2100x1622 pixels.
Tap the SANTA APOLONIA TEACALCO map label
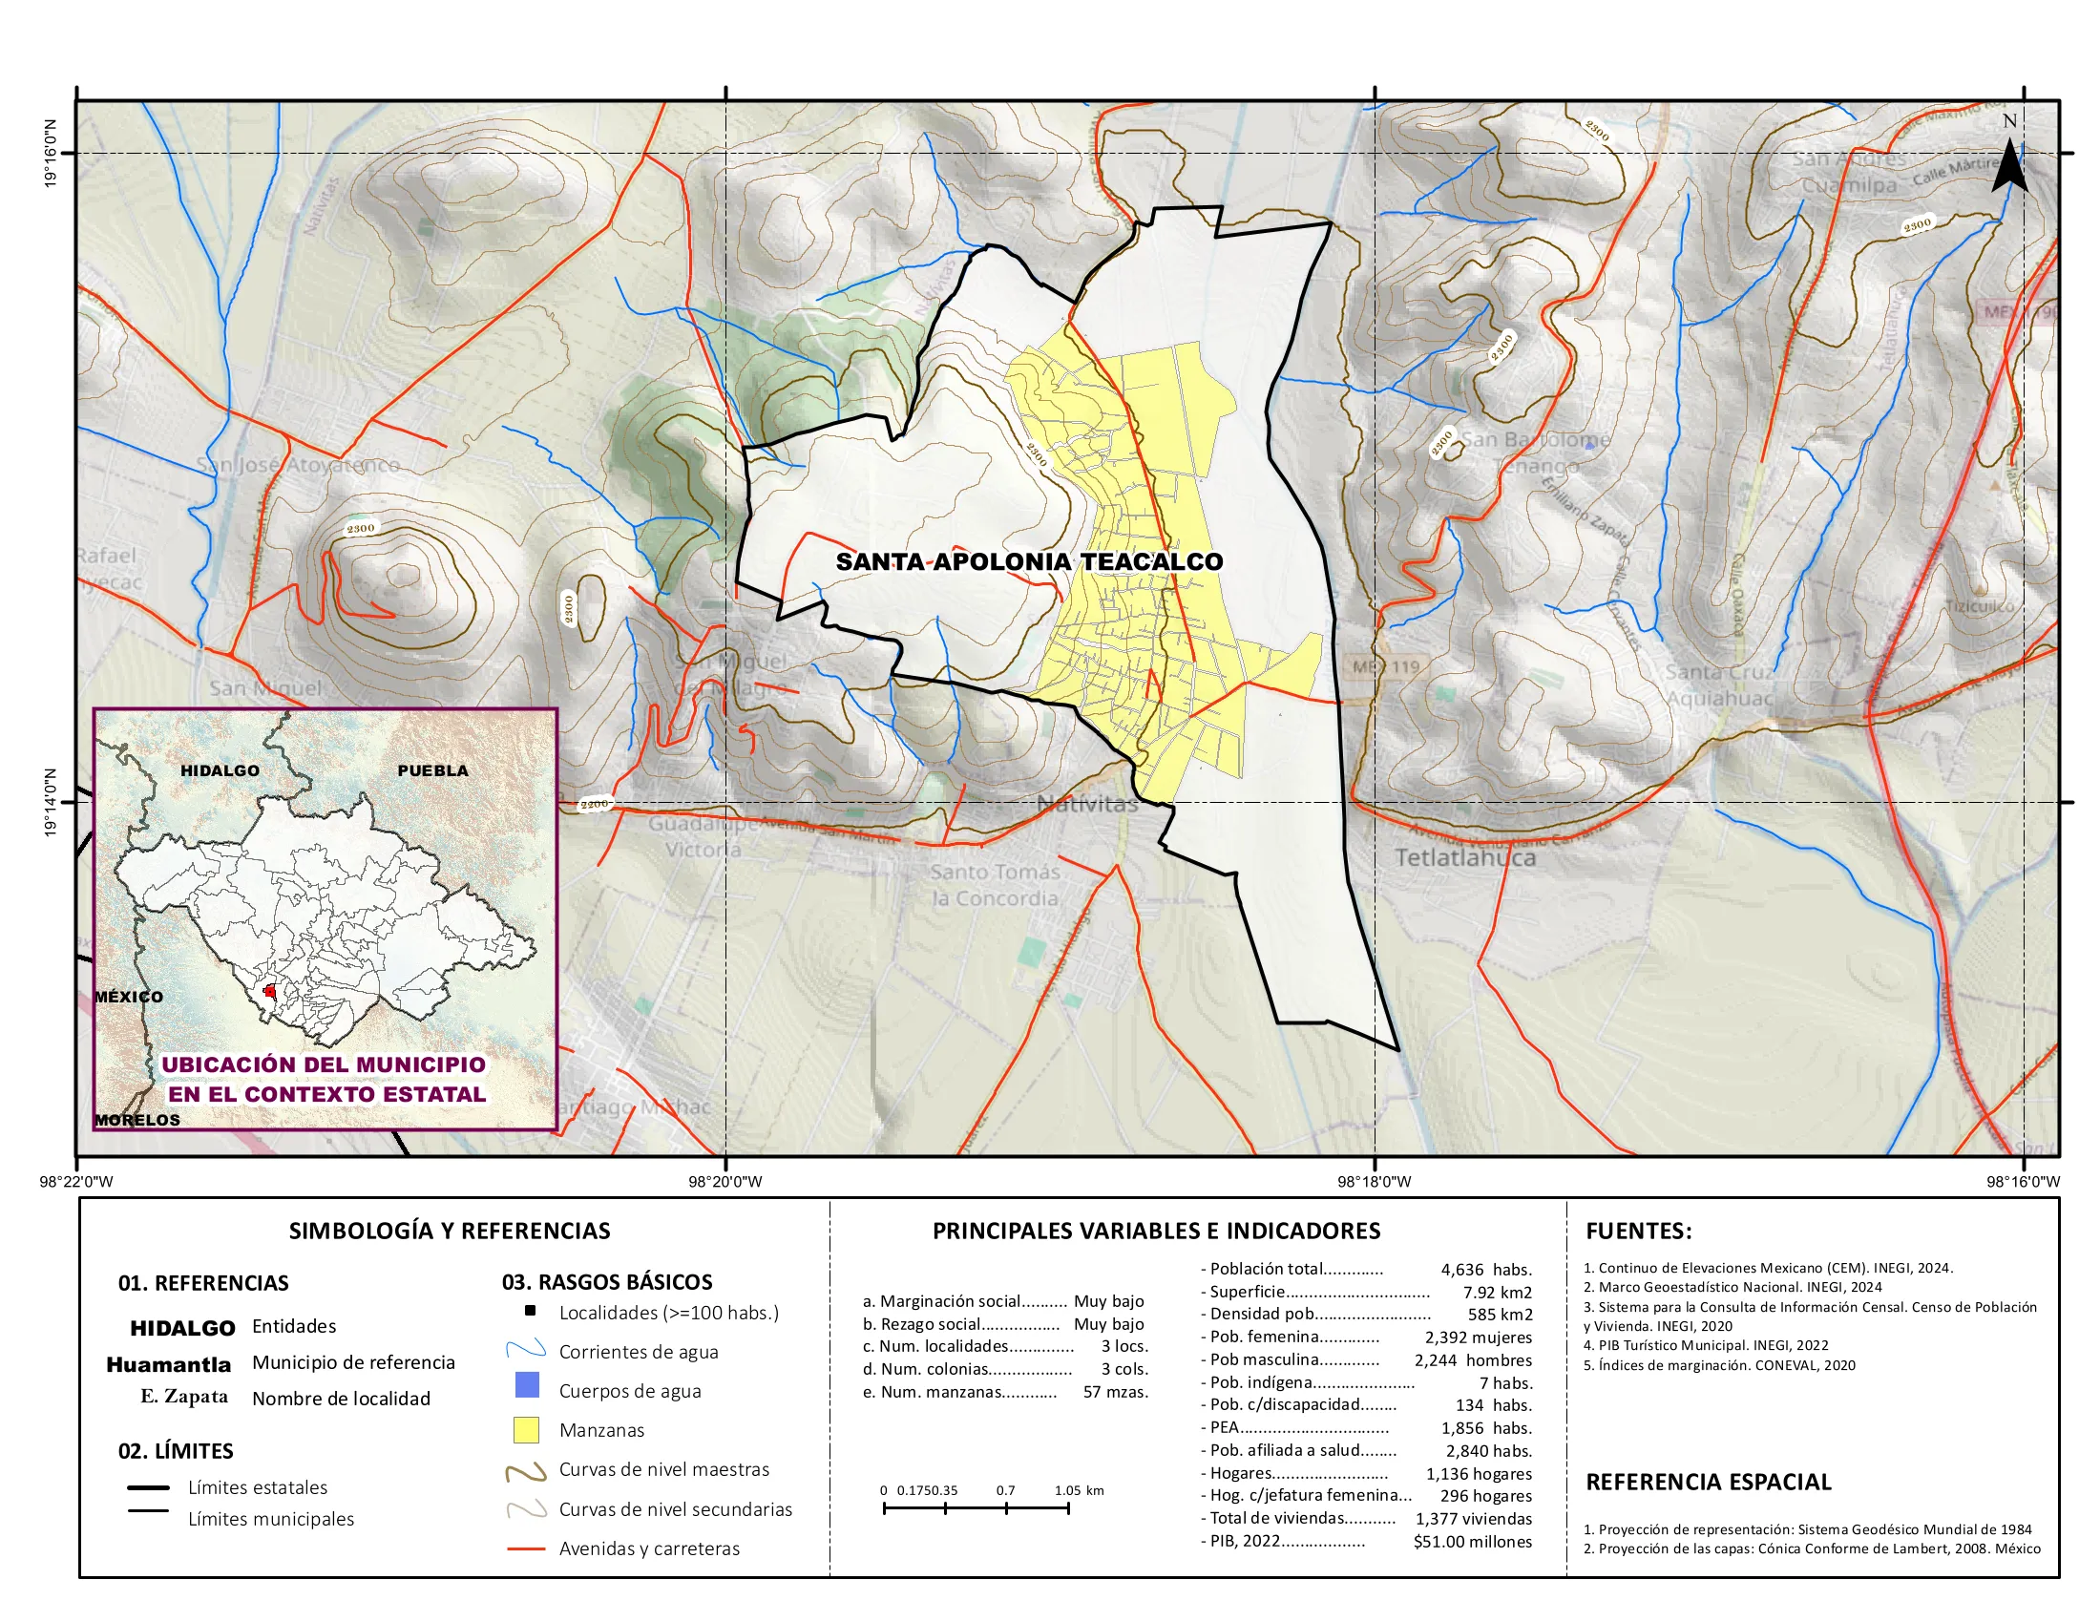point(1029,561)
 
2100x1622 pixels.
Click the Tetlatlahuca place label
point(1465,856)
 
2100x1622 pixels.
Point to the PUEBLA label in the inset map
point(432,771)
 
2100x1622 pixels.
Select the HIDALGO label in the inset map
point(220,771)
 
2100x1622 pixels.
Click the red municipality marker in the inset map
point(270,990)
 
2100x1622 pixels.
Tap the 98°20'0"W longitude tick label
point(726,1182)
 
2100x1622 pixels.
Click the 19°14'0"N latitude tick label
point(51,802)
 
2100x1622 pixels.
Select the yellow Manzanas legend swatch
point(526,1430)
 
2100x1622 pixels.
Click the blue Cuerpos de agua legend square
point(526,1385)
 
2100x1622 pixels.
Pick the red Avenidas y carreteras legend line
point(526,1548)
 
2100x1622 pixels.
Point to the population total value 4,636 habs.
point(1485,1270)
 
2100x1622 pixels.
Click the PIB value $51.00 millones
point(1472,1542)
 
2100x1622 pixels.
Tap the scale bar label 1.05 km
point(1079,1491)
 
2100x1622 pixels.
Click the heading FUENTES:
point(1638,1231)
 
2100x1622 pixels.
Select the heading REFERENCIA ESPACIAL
point(1708,1482)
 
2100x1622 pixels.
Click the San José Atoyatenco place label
point(298,465)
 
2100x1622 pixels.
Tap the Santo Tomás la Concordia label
point(996,885)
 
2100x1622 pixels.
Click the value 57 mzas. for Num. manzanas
point(1115,1391)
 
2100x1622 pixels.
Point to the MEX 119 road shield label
point(1386,666)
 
